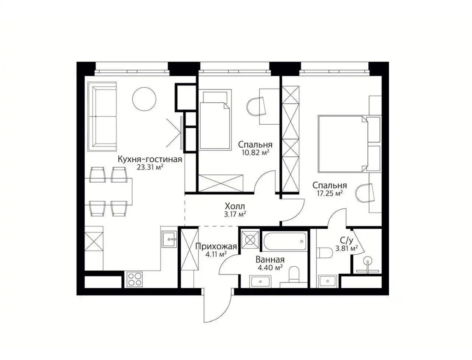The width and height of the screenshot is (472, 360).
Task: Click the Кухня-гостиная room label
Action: click(150, 159)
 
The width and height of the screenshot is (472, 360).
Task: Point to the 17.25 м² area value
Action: click(330, 193)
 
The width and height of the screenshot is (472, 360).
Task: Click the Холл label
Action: click(235, 207)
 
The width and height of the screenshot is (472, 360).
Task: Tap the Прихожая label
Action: click(216, 246)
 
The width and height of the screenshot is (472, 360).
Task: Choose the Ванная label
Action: click(270, 260)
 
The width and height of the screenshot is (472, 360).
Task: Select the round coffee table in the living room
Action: click(144, 99)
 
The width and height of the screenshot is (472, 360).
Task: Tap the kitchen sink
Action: click(170, 239)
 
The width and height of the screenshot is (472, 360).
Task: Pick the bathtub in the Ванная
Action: click(285, 241)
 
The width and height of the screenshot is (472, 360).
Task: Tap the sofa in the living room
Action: click(102, 117)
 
